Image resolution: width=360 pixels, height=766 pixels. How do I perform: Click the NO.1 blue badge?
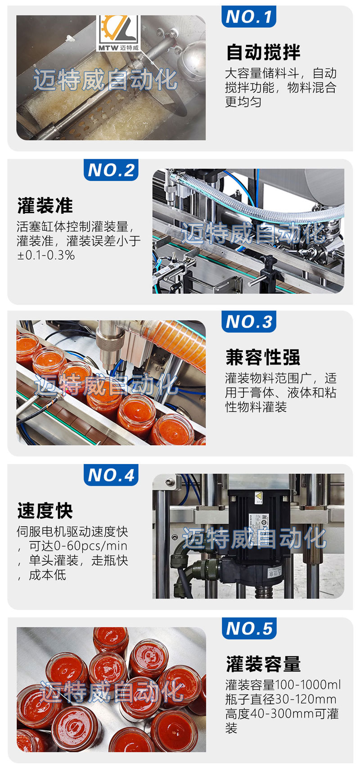tap(248, 16)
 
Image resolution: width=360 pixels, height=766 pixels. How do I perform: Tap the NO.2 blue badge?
tap(111, 170)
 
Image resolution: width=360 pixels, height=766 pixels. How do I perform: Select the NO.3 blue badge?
tap(248, 321)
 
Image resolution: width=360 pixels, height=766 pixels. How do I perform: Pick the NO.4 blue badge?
tap(111, 475)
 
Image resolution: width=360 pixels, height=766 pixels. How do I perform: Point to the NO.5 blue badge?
tap(249, 628)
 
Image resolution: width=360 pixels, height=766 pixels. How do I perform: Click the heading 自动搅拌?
tap(263, 52)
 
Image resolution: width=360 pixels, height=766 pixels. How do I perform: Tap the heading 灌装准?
tap(45, 206)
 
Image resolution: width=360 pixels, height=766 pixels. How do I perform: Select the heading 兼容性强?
tap(262, 357)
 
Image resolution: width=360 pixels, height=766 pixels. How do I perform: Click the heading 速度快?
tap(45, 510)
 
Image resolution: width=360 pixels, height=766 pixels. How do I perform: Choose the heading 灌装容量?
tap(263, 664)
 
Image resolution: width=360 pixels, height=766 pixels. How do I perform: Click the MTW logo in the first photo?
tap(118, 34)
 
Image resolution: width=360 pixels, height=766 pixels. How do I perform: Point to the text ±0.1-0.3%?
tap(46, 256)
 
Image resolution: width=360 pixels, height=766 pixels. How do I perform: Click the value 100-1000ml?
tap(308, 685)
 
